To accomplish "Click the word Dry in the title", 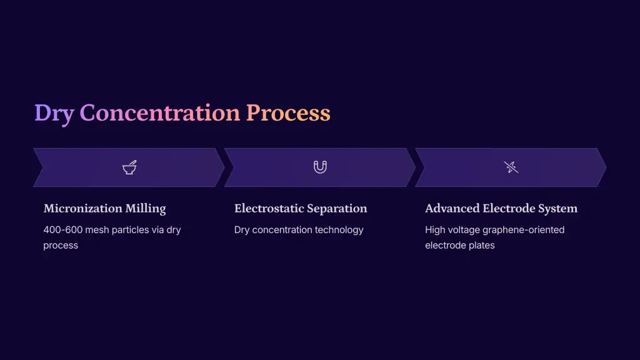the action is (54, 113).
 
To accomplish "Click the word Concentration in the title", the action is (159, 112).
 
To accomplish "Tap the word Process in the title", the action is (288, 113).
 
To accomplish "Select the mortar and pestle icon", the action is (129, 167).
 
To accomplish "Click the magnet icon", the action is (320, 167).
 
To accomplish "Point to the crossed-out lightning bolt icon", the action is (511, 167).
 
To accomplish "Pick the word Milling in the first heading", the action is (146, 209).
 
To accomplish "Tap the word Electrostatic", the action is (269, 208).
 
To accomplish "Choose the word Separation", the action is (337, 209).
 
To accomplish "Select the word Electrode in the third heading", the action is (509, 208).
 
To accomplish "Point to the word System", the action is (557, 209).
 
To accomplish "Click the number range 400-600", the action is (63, 230).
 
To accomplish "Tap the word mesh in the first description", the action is (97, 230).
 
